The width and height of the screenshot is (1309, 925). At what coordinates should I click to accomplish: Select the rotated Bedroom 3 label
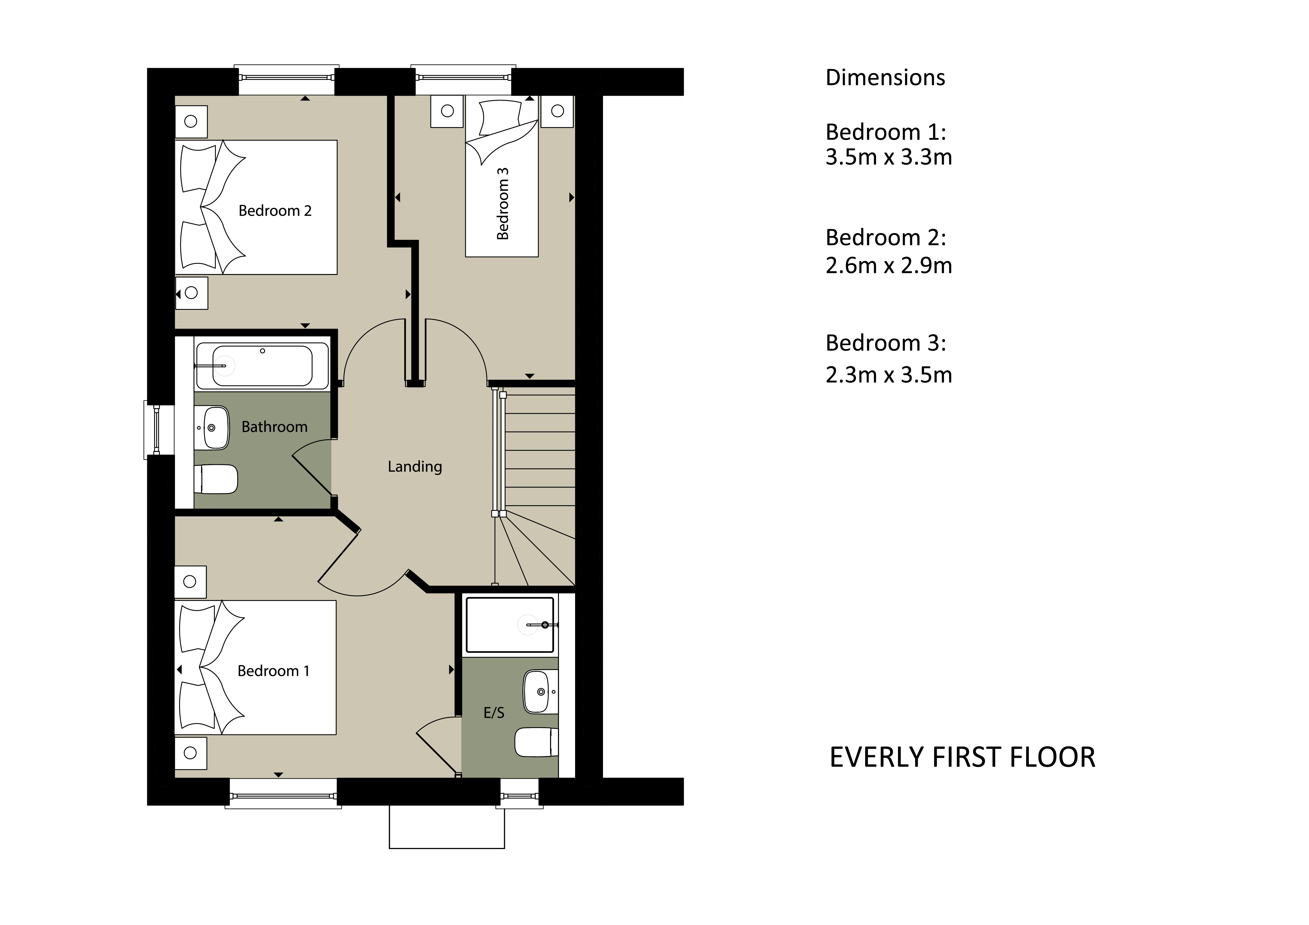pos(502,204)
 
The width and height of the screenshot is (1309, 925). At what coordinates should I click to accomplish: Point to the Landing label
pos(415,467)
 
